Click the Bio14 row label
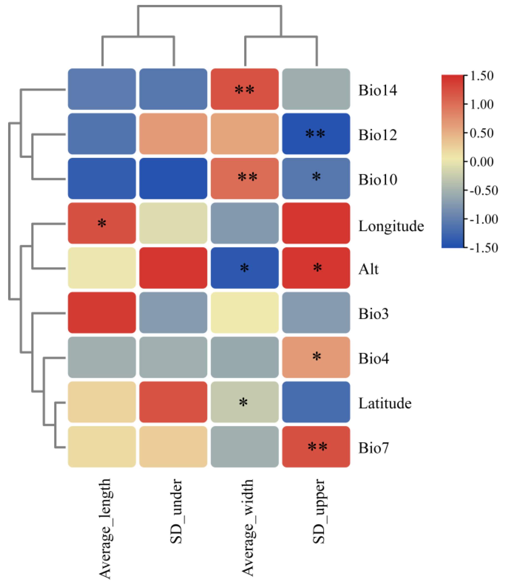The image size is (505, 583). [377, 90]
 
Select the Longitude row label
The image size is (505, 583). [391, 226]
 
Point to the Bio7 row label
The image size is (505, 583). [373, 448]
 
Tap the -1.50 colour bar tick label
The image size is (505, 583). [484, 248]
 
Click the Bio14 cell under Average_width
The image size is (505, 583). [245, 89]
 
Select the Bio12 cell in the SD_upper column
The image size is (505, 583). [316, 134]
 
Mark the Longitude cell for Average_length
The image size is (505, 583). [102, 223]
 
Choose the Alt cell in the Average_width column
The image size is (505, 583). [245, 268]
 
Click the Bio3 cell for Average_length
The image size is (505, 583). [102, 313]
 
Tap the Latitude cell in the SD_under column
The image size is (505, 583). [173, 402]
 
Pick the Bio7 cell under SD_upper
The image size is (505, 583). [316, 447]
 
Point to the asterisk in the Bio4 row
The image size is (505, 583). [317, 357]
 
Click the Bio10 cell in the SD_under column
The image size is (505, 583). [173, 178]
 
